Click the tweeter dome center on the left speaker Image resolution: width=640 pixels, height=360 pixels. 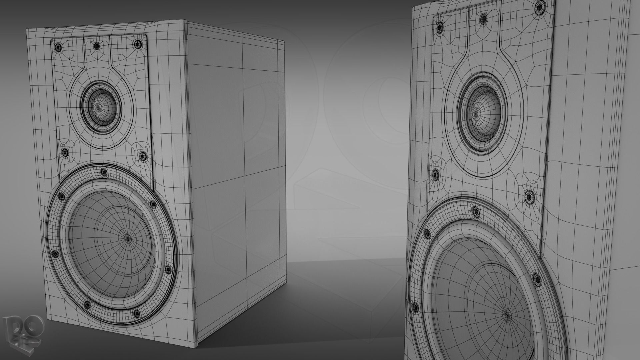[x=98, y=107]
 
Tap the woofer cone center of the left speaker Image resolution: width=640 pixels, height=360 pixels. [x=128, y=238]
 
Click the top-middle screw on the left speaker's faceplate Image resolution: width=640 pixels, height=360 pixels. [x=96, y=46]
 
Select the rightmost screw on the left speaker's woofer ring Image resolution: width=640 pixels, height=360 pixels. [x=168, y=269]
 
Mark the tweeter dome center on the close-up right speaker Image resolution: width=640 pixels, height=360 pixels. [x=476, y=114]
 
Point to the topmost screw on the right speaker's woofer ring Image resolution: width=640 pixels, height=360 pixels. [x=475, y=211]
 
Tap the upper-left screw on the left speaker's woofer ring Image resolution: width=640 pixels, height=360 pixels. [x=61, y=196]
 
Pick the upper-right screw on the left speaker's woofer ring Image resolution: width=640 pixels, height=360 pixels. [x=153, y=204]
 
